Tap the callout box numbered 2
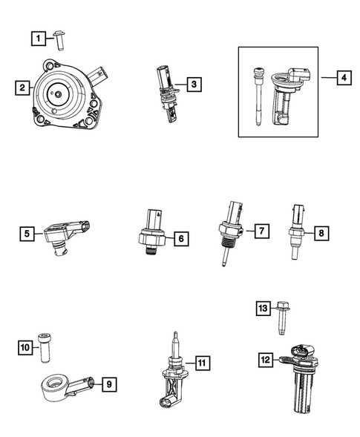(22, 88)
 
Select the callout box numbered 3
(192, 85)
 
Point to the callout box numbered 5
(27, 234)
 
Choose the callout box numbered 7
(264, 231)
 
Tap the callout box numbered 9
(108, 384)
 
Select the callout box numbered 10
(25, 346)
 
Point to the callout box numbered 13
(264, 308)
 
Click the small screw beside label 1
(62, 38)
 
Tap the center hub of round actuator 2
(56, 95)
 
